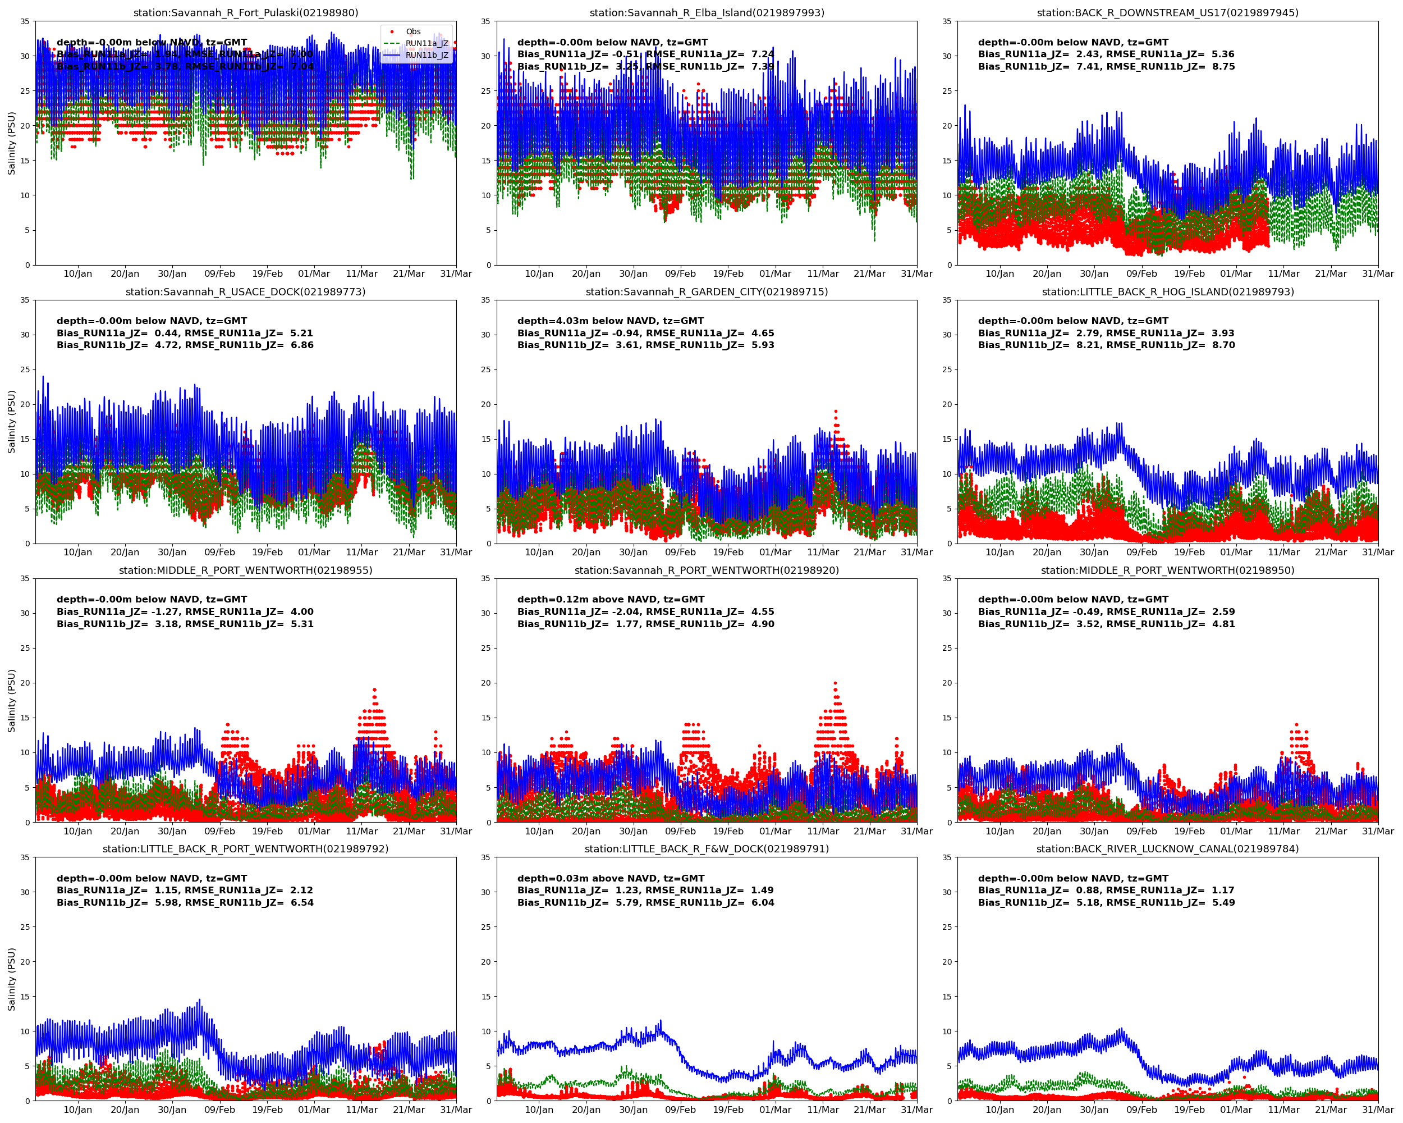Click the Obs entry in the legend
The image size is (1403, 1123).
(x=412, y=31)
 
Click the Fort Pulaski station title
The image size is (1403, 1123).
(x=245, y=12)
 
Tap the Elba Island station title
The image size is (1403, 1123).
(x=706, y=12)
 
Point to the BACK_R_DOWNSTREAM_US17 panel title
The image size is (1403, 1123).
(x=1167, y=12)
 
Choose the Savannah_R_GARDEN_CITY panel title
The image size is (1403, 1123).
(x=706, y=291)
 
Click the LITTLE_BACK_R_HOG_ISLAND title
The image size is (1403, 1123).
(x=1167, y=291)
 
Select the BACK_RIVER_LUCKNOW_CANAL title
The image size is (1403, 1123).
(x=1167, y=849)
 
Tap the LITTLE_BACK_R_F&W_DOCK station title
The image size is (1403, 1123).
(x=706, y=849)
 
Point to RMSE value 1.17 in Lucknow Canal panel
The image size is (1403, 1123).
(x=1223, y=891)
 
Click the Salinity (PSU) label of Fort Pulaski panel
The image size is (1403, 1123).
(x=11, y=143)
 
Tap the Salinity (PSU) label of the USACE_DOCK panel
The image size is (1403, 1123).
(x=11, y=422)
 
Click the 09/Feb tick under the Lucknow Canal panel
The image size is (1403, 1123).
(x=1141, y=1110)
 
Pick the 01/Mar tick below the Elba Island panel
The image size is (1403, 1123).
(x=775, y=273)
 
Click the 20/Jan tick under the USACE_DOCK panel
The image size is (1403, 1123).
(x=125, y=552)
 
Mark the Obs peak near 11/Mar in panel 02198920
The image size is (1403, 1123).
(x=835, y=683)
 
